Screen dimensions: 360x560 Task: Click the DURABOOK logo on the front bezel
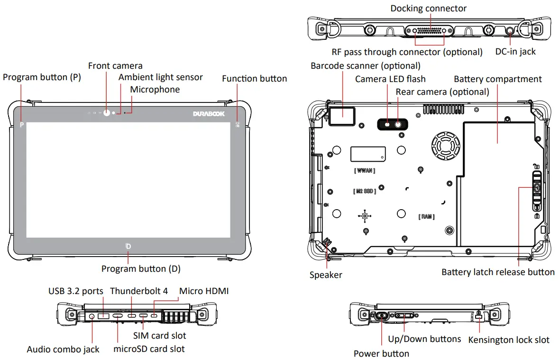tap(209, 114)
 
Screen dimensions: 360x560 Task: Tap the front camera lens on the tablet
tap(106, 113)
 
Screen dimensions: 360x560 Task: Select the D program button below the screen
tap(128, 246)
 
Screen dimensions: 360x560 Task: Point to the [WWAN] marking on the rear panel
tap(364, 170)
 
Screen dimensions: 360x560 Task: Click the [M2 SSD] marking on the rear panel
tap(364, 191)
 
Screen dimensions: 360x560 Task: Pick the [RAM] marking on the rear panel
tap(426, 217)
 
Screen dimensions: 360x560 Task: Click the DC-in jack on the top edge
tap(510, 32)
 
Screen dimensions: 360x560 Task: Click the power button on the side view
tap(382, 315)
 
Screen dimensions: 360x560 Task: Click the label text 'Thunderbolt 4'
tap(138, 291)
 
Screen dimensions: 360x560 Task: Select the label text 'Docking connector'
tap(428, 8)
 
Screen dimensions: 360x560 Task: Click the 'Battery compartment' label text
tap(497, 79)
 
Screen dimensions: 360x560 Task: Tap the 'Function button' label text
tap(254, 78)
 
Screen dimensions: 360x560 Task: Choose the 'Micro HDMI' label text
tap(203, 291)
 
